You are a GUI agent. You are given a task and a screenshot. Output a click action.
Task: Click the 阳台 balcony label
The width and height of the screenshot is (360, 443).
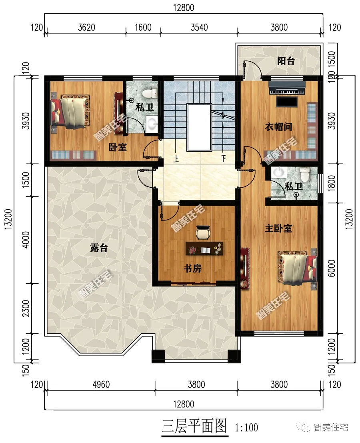coord(286,61)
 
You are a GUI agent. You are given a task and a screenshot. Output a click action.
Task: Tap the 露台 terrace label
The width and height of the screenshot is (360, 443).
coord(99,248)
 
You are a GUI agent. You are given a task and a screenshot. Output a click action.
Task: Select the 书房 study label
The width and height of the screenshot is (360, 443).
coord(192,268)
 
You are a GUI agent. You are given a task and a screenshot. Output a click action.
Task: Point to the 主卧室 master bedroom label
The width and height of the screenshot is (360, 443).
coord(278,228)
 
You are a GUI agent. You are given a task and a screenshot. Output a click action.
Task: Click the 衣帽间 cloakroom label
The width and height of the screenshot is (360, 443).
coord(278,127)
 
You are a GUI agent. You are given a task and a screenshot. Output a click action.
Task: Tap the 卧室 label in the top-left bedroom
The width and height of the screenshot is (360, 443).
coord(118,147)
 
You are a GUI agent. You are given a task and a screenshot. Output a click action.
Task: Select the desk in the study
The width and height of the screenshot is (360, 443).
coord(204,249)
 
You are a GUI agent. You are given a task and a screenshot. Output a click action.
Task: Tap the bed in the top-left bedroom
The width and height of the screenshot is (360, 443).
coord(70,112)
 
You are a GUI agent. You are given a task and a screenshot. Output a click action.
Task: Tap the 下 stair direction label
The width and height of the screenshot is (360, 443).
coord(223,158)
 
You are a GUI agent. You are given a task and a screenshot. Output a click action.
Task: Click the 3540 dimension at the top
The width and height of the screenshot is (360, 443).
coord(199,27)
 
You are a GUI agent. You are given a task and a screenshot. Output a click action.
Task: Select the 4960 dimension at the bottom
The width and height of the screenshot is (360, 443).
coord(101,385)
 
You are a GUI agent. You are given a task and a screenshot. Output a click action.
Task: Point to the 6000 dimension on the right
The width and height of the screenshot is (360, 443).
coord(332,268)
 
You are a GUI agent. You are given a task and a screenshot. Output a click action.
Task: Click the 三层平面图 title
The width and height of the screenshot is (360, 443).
coord(194,426)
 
